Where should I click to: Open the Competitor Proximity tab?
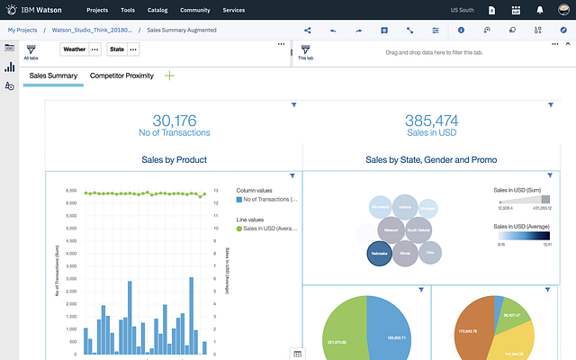(x=121, y=76)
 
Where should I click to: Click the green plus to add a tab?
(x=169, y=76)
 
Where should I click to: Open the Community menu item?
(x=195, y=10)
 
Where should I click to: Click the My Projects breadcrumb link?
(x=26, y=30)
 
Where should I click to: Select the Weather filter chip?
(x=75, y=49)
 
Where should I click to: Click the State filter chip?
(x=117, y=49)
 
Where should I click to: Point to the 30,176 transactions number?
(x=175, y=121)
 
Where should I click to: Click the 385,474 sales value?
(x=431, y=121)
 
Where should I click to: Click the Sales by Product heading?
(x=175, y=160)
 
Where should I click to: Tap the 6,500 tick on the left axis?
(x=70, y=202)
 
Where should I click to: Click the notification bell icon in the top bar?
(x=539, y=10)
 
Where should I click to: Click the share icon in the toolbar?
(x=308, y=30)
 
